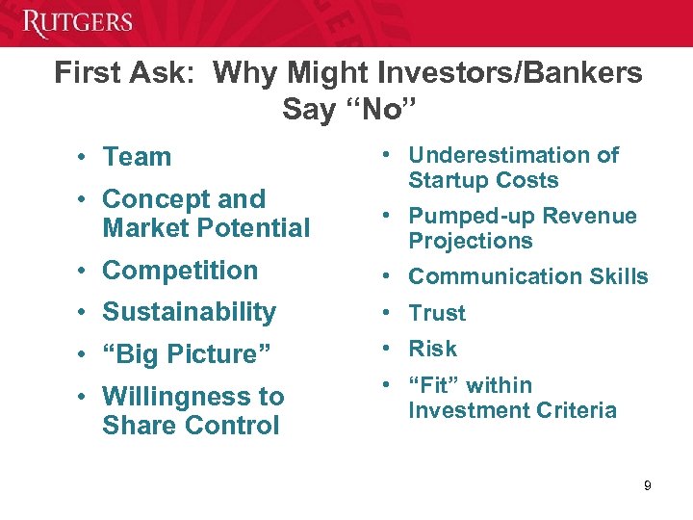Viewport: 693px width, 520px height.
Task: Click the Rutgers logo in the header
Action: [x=78, y=22]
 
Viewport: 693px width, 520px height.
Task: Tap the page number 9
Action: [x=648, y=485]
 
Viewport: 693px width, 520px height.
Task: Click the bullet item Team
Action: [x=137, y=157]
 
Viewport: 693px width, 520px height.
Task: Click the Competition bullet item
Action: [x=180, y=271]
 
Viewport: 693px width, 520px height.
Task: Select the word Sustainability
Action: [x=189, y=312]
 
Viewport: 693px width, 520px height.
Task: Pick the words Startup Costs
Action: [x=483, y=181]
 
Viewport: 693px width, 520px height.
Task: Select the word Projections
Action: [x=471, y=241]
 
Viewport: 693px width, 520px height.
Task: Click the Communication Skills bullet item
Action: [x=528, y=277]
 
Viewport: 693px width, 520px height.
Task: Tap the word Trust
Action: [x=437, y=313]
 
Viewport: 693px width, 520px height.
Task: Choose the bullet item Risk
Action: [x=433, y=349]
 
